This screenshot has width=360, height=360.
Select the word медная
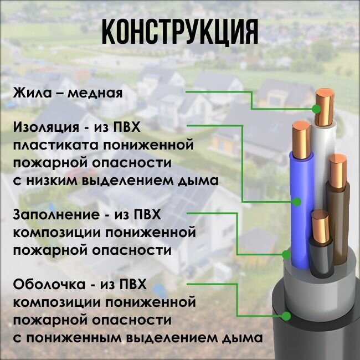95,92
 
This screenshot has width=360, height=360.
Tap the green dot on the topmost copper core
316,109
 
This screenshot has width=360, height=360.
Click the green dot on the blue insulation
298,202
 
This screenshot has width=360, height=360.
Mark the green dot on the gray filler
286,255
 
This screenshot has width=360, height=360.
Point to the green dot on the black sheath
286,316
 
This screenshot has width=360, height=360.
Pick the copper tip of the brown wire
337,172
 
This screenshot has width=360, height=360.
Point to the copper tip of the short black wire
320,227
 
